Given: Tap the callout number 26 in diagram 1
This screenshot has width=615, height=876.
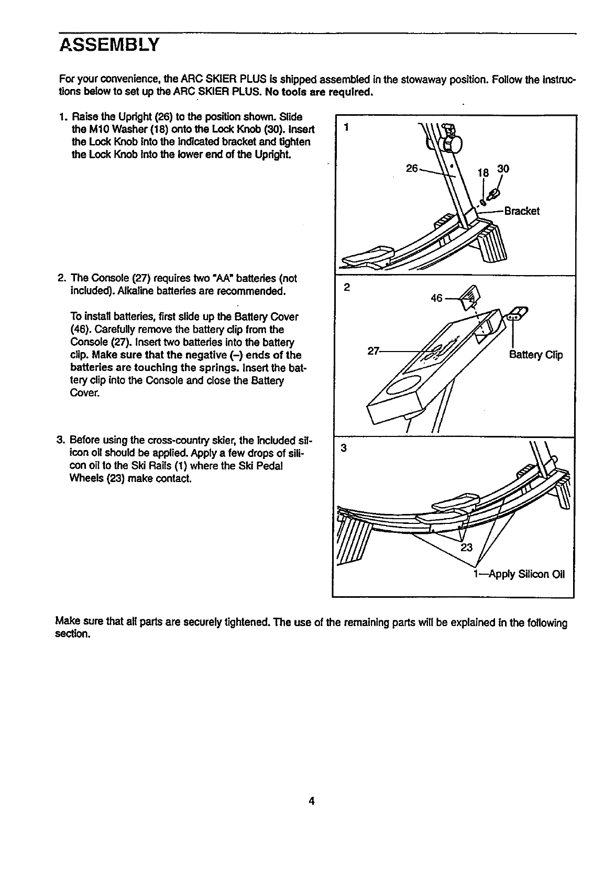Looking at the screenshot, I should tap(412, 169).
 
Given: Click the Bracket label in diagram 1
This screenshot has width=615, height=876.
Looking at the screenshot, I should tap(521, 211).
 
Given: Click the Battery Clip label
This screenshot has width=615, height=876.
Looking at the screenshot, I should tap(536, 355).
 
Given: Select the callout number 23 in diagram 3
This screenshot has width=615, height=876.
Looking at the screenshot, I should tap(466, 548).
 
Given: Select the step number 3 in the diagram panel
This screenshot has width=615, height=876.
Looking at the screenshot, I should tap(344, 448).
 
